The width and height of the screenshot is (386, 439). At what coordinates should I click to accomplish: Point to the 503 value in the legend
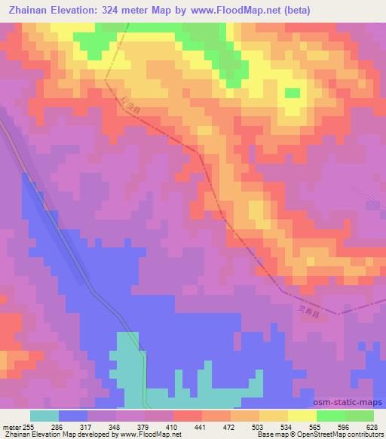[259, 426]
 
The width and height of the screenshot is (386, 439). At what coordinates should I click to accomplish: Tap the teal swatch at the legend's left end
[44, 416]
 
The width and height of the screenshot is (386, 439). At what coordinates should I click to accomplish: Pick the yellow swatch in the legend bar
[302, 416]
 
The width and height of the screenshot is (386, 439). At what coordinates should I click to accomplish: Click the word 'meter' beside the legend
[10, 426]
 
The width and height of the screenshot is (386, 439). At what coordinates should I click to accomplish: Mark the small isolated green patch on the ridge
[291, 94]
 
